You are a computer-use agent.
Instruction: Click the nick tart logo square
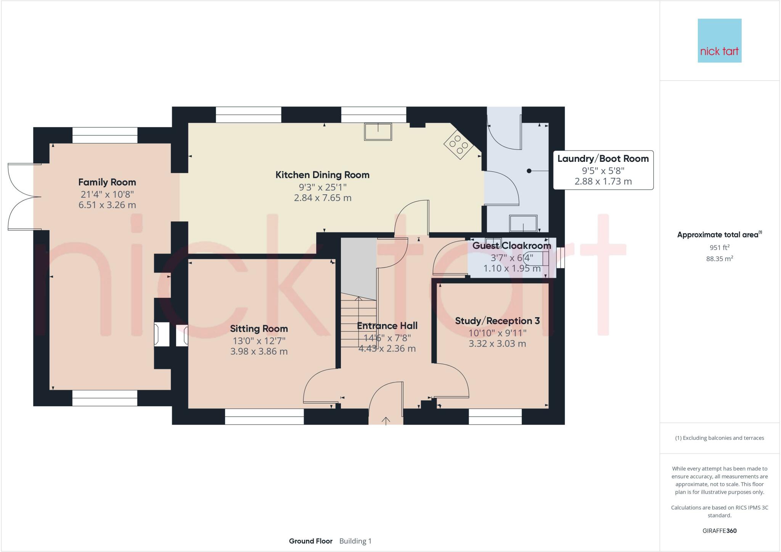coord(719,40)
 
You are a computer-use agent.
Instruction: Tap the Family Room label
coord(107,182)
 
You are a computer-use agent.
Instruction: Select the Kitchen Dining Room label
coord(322,175)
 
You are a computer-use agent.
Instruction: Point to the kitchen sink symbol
coord(378,132)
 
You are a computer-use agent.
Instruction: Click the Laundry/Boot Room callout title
coord(603,159)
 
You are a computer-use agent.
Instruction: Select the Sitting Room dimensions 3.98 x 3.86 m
coord(259,351)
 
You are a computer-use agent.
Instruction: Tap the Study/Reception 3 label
coord(497,321)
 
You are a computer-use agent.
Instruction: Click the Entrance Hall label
coord(387,326)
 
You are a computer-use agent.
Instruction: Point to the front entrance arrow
coord(386,421)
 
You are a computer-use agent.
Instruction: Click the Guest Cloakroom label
coord(511,245)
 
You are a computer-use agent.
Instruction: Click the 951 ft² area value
coord(719,247)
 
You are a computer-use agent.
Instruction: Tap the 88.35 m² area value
coord(719,259)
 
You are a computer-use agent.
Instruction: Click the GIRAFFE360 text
coord(719,531)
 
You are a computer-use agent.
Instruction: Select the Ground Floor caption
coord(310,541)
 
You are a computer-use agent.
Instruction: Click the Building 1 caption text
coord(355,541)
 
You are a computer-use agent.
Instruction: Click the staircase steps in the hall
coord(358,323)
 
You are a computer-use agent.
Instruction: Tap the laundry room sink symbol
coord(523,223)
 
